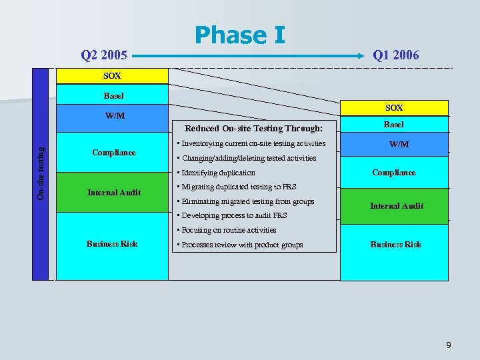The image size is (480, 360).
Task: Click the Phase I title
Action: (x=239, y=35)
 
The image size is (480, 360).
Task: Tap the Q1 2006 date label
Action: (x=396, y=55)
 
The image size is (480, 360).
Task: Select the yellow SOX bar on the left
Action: (x=112, y=76)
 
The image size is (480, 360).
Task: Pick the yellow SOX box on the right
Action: (x=393, y=107)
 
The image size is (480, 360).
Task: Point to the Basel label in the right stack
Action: (x=393, y=125)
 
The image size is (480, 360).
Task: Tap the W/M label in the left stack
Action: (x=115, y=116)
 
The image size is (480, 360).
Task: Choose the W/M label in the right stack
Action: (x=399, y=144)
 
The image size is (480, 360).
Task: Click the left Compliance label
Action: (x=114, y=153)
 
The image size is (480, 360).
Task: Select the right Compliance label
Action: (x=393, y=173)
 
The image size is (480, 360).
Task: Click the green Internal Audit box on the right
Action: (x=396, y=205)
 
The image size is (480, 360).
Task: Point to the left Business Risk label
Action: (x=112, y=244)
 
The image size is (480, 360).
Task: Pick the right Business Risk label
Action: (x=396, y=245)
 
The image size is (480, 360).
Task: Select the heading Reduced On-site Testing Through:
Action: (x=253, y=129)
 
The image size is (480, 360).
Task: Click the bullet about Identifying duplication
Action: (x=216, y=173)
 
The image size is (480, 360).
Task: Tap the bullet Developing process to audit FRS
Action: (x=232, y=215)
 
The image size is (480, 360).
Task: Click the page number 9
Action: (x=448, y=345)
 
